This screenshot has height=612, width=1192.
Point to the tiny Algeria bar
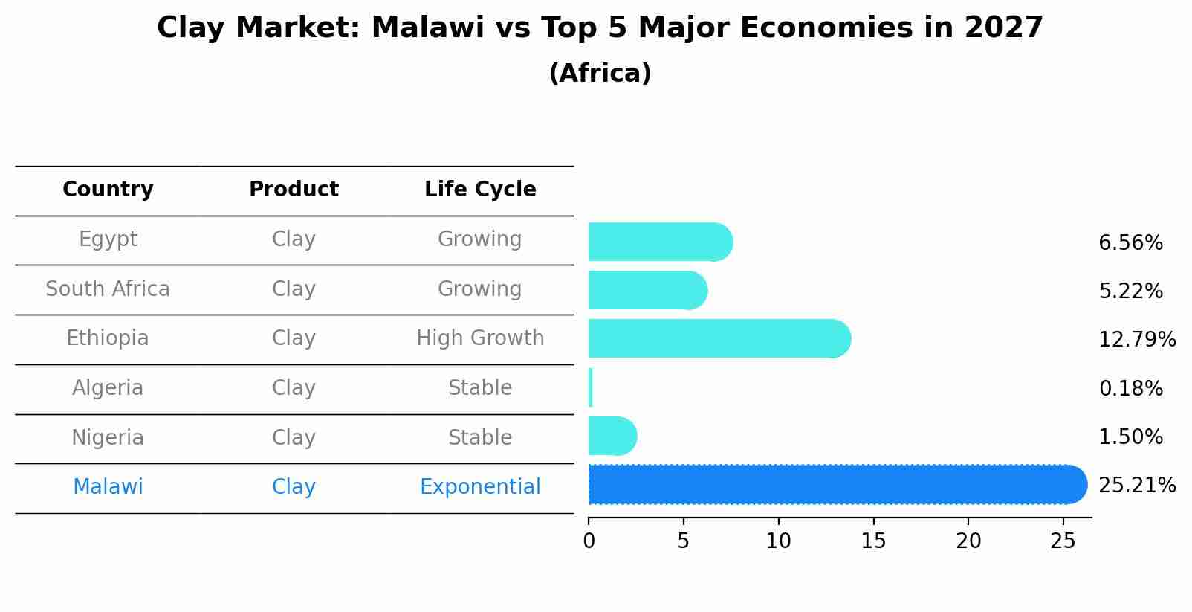(x=590, y=387)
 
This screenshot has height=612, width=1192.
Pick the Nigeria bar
(x=612, y=436)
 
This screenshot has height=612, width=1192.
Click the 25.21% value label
(x=1136, y=486)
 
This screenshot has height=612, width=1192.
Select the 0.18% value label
(x=1130, y=388)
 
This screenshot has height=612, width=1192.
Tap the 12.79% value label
(x=1136, y=340)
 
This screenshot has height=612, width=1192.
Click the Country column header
(x=108, y=190)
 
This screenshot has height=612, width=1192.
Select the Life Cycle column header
(x=480, y=190)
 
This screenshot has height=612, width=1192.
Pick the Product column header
(x=294, y=190)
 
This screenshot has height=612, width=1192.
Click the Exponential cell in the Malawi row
(x=480, y=487)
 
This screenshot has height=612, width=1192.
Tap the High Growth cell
(x=480, y=338)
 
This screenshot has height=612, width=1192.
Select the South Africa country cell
(x=108, y=289)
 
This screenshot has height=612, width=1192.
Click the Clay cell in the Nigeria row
(x=294, y=438)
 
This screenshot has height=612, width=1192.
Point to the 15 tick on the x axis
(x=873, y=541)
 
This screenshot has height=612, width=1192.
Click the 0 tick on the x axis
(x=589, y=541)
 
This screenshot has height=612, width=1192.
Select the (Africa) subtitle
(x=600, y=74)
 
